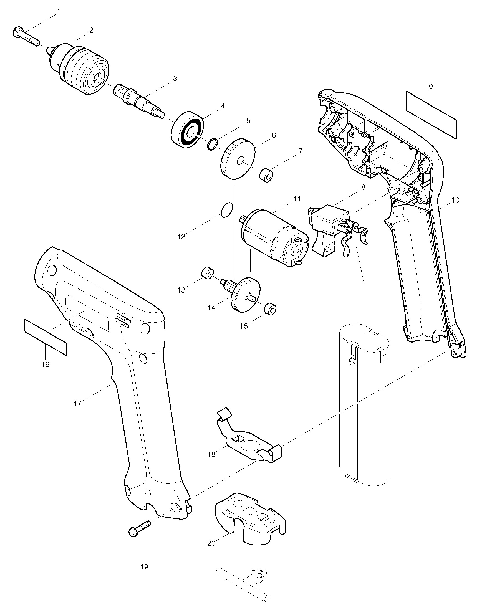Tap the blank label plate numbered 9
(x=431, y=115)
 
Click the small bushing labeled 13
(x=207, y=273)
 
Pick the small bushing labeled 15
(x=270, y=308)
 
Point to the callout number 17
(x=77, y=404)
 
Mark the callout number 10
(x=455, y=200)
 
